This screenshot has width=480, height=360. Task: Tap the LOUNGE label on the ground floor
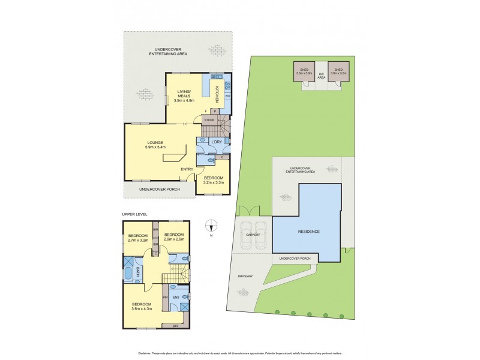click(x=155, y=142)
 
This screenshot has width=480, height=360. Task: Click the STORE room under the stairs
click(x=209, y=120)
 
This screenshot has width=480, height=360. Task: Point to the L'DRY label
click(x=217, y=141)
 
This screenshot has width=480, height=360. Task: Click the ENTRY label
click(x=188, y=169)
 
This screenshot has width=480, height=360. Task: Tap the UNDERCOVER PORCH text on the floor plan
click(x=159, y=189)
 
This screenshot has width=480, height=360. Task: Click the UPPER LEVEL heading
click(x=134, y=214)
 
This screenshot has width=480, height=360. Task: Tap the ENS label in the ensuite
click(x=176, y=297)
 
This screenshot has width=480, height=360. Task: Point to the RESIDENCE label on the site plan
click(x=309, y=232)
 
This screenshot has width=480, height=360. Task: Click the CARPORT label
click(x=253, y=235)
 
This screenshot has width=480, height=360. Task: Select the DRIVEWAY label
click(x=244, y=276)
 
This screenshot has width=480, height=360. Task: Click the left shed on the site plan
click(x=302, y=71)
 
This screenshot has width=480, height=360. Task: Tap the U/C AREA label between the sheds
click(x=321, y=76)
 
